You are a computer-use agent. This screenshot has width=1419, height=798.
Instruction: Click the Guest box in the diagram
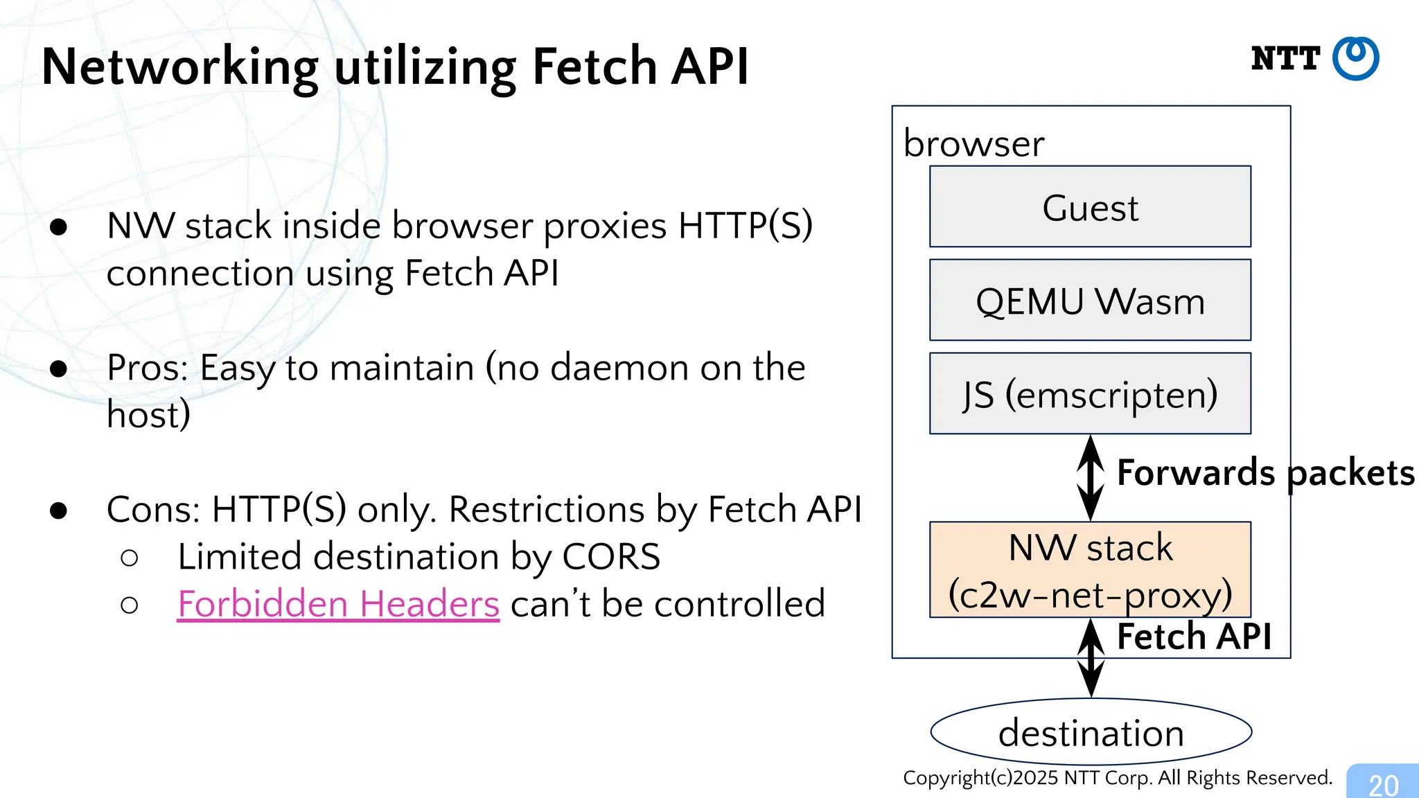pyautogui.click(x=1090, y=206)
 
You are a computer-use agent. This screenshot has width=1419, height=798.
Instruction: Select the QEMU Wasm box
pyautogui.click(x=1090, y=300)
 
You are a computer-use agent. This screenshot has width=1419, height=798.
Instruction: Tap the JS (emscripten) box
pyautogui.click(x=1090, y=393)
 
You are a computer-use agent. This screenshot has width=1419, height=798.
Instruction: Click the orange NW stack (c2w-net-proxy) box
pyautogui.click(x=1090, y=569)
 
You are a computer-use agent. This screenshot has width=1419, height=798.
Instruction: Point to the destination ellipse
pyautogui.click(x=1091, y=732)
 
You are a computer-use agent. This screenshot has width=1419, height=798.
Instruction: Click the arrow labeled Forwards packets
pyautogui.click(x=1091, y=478)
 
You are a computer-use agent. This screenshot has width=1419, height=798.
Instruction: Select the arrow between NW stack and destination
pyautogui.click(x=1091, y=658)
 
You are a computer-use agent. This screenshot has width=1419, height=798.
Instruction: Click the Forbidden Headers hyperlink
pyautogui.click(x=338, y=603)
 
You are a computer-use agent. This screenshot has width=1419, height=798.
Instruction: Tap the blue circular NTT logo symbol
pyautogui.click(x=1356, y=59)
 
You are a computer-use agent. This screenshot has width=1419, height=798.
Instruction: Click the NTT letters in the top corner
pyautogui.click(x=1285, y=59)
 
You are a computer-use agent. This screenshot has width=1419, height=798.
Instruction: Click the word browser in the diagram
pyautogui.click(x=973, y=144)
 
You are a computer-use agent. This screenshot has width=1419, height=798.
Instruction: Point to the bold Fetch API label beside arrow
pyautogui.click(x=1194, y=636)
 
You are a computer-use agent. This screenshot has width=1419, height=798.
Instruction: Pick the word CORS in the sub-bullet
pyautogui.click(x=611, y=556)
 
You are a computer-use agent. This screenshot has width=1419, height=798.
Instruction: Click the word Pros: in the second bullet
pyautogui.click(x=148, y=367)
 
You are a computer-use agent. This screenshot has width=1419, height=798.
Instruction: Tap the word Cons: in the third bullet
pyautogui.click(x=153, y=509)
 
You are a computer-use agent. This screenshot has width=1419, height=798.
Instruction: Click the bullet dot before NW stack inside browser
pyautogui.click(x=59, y=227)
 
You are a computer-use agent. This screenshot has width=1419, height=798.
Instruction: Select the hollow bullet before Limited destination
pyautogui.click(x=129, y=558)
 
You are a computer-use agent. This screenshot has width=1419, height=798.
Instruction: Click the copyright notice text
pyautogui.click(x=1117, y=778)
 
